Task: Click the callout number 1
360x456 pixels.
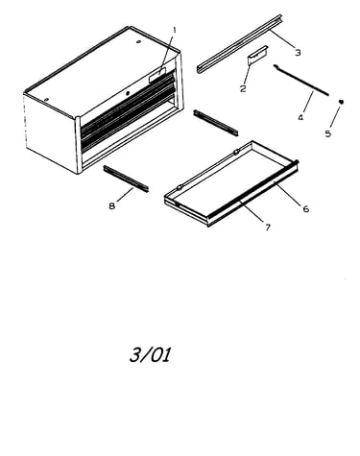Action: coord(175,30)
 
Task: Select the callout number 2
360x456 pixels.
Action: coord(243,88)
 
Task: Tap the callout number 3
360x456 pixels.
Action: coord(298,52)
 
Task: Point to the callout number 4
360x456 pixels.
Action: coord(300,118)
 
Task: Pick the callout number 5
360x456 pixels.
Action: coord(328,133)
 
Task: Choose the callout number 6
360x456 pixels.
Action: coord(306,209)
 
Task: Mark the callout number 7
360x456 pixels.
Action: coord(268,228)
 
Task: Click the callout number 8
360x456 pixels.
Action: coord(111,206)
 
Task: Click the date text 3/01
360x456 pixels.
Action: coord(150,355)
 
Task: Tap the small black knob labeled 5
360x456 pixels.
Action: coord(341,102)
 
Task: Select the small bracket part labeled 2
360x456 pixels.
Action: coord(257,55)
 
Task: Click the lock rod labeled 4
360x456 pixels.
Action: coord(300,80)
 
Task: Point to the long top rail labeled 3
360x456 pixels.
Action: coord(239,44)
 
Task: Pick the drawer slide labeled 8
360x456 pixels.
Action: coord(126,179)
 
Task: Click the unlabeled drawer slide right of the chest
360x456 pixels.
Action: coord(216,123)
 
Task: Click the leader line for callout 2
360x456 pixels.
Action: coord(247,73)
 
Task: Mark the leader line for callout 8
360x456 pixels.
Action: coord(125,195)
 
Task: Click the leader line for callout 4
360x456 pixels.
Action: coord(307,103)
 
